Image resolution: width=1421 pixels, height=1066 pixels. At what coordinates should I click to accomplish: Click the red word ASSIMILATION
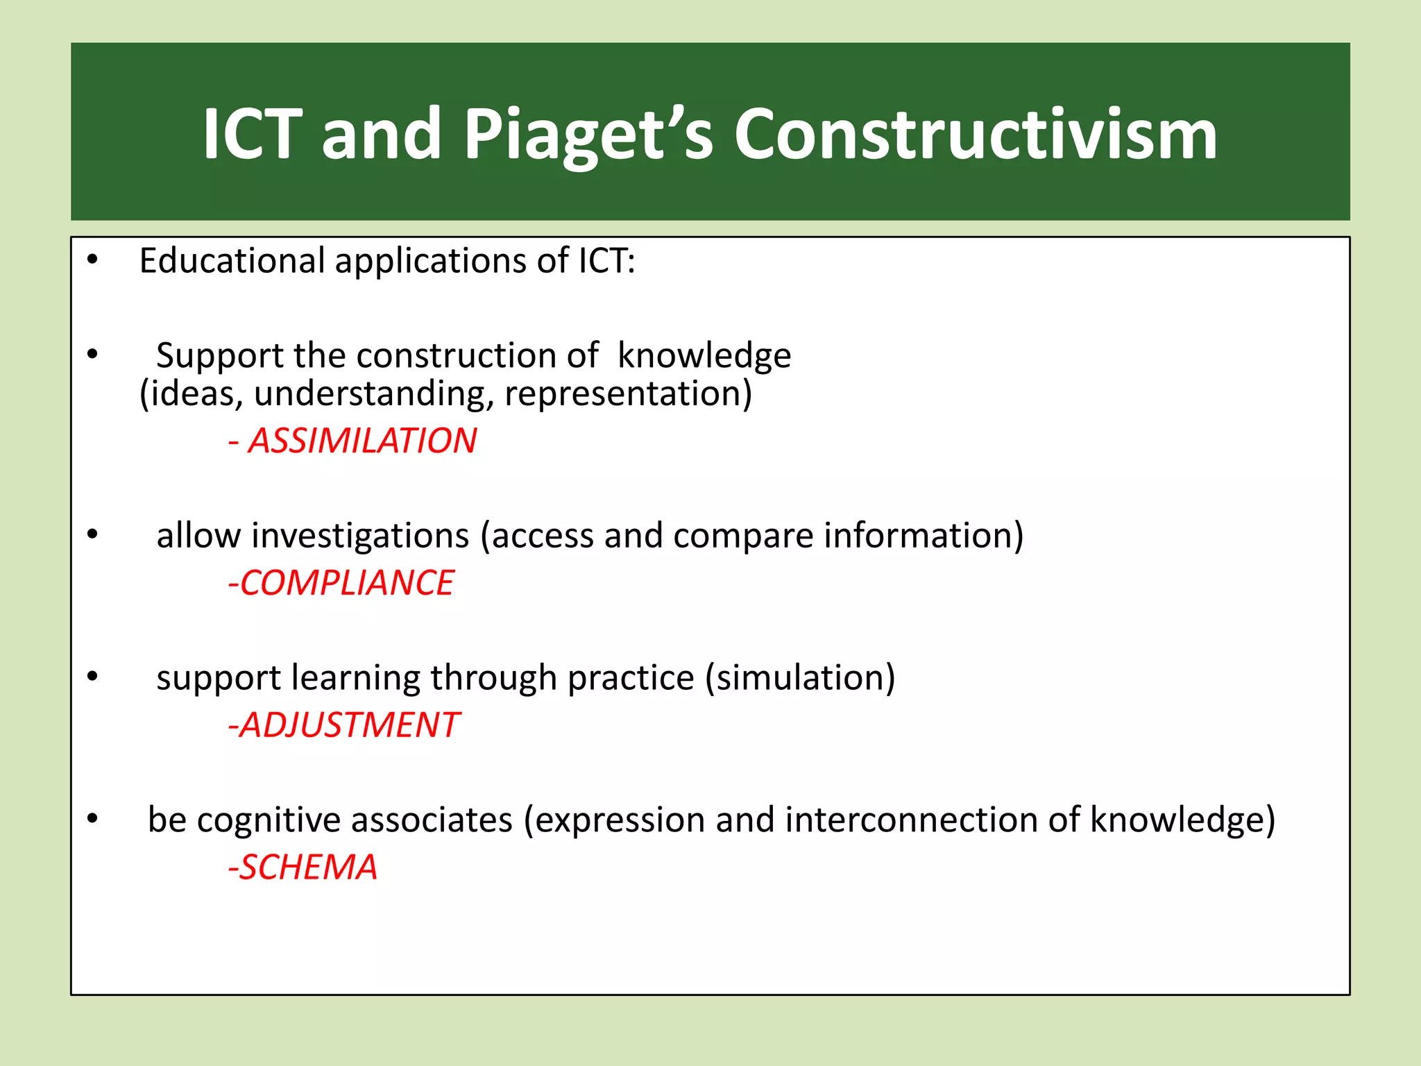pos(361,441)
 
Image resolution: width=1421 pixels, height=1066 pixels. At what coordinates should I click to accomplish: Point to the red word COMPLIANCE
pos(346,583)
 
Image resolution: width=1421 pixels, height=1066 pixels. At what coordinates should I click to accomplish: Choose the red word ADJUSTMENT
pos(349,725)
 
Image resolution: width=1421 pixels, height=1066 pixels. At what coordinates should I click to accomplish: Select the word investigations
pos(360,536)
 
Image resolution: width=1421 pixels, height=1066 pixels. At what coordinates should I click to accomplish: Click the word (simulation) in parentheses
pos(800,678)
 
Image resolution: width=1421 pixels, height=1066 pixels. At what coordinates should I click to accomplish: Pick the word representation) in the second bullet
pos(628,394)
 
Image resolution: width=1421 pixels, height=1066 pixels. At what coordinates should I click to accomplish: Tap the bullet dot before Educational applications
pos(92,261)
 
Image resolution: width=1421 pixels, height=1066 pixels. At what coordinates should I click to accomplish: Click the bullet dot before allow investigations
pos(92,535)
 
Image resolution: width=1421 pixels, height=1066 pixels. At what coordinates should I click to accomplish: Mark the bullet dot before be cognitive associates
pos(92,820)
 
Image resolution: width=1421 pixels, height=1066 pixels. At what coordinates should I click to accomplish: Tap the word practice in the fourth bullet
pos(630,678)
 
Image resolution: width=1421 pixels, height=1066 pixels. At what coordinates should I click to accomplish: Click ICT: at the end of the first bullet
pos(606,261)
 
